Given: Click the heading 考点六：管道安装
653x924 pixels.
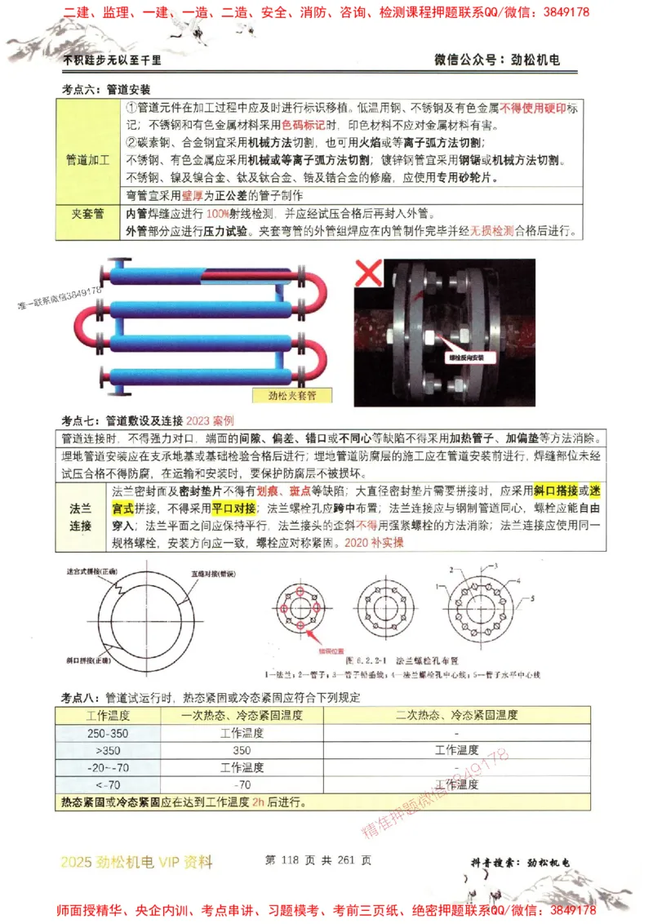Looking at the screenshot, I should click(x=106, y=88).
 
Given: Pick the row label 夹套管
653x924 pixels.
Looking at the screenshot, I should click(x=87, y=213).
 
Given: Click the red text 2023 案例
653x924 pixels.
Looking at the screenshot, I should click(x=210, y=420).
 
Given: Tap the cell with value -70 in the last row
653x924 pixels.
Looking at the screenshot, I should click(x=242, y=784).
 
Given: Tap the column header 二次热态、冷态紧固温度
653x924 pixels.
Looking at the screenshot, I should click(x=455, y=715).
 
